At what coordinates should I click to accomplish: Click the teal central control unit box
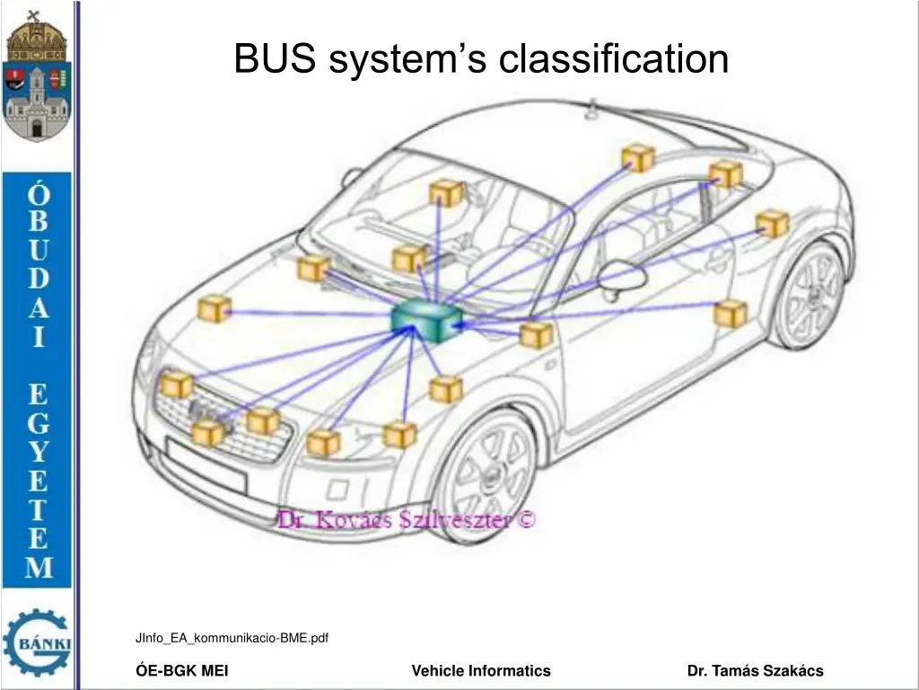pyautogui.click(x=426, y=320)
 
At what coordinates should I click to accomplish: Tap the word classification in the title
pyautogui.click(x=614, y=59)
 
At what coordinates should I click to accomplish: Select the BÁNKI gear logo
pyautogui.click(x=37, y=641)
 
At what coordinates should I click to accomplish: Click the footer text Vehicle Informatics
pyautogui.click(x=481, y=670)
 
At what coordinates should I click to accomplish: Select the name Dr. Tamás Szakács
pyautogui.click(x=755, y=670)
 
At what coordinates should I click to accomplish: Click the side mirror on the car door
pyautogui.click(x=622, y=279)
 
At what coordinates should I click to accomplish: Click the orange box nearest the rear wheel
pyautogui.click(x=731, y=314)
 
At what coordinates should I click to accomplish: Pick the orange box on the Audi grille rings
pyautogui.click(x=207, y=433)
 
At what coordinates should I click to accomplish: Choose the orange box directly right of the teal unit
pyautogui.click(x=536, y=334)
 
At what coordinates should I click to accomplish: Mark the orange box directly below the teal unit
pyautogui.click(x=445, y=389)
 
